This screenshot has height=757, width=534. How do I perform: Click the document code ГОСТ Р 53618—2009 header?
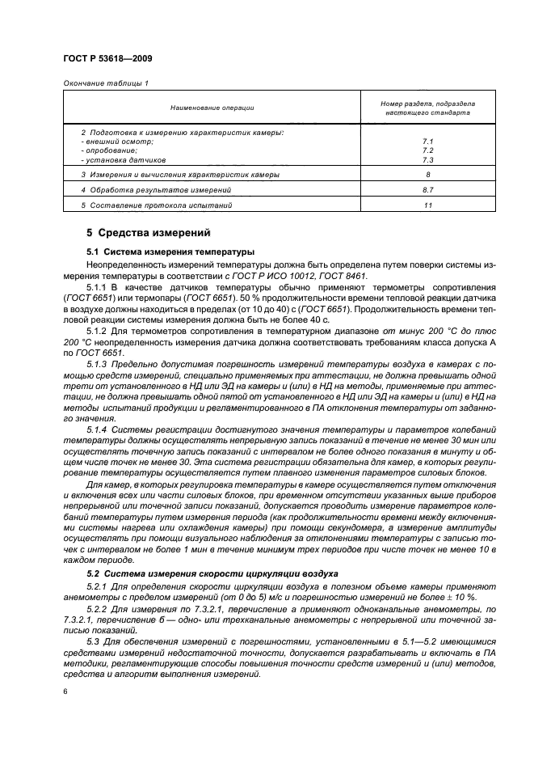[x=107, y=59]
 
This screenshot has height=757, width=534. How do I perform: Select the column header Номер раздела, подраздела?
[x=427, y=104]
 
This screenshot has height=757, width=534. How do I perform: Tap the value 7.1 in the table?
[x=427, y=141]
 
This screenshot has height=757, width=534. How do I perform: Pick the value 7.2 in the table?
[x=427, y=150]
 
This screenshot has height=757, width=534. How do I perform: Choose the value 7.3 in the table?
[x=427, y=159]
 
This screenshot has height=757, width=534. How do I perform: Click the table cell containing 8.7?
[x=427, y=190]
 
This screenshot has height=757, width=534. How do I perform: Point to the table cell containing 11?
[x=427, y=205]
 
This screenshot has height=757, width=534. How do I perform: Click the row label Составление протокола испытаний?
[x=157, y=205]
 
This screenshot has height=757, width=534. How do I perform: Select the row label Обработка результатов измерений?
[x=156, y=190]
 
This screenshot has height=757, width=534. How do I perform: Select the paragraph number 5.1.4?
[x=98, y=427]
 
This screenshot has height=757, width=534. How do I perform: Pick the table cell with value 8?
[x=427, y=175]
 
